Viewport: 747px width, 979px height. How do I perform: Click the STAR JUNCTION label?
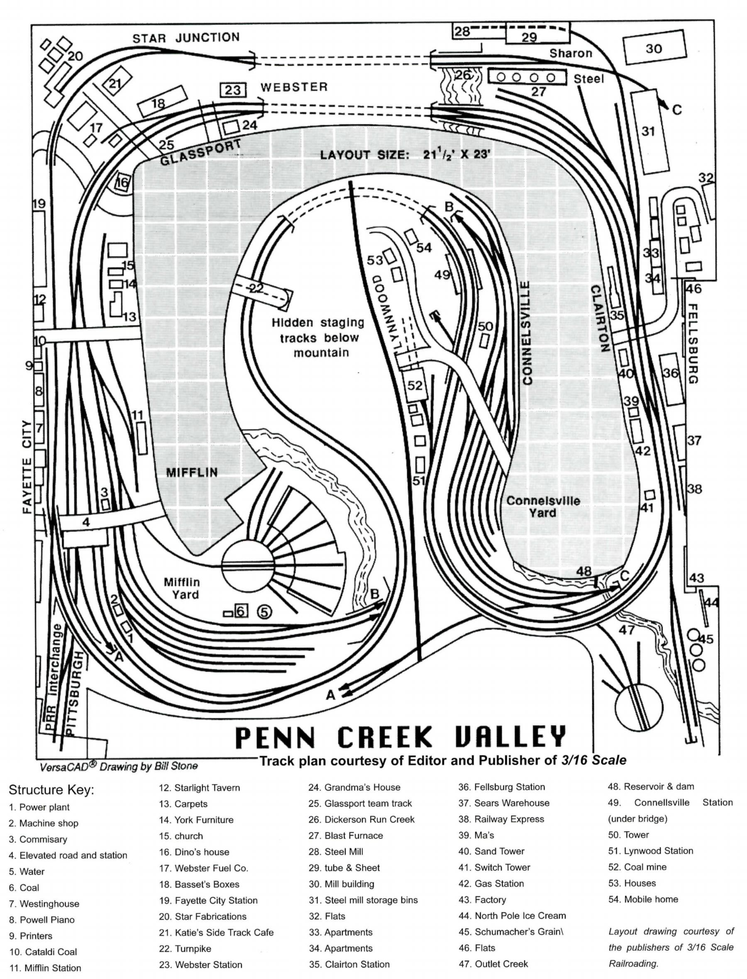tap(186, 38)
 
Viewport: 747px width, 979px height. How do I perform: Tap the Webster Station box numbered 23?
tap(232, 90)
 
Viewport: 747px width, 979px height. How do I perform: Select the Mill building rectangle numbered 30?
tap(654, 48)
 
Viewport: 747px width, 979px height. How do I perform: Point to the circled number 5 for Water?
tap(264, 612)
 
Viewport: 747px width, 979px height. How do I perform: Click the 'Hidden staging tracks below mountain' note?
tap(318, 337)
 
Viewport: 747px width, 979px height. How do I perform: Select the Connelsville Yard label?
tap(543, 507)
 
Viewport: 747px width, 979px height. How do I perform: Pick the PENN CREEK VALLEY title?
tap(400, 737)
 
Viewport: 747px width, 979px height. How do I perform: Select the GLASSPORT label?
tap(200, 151)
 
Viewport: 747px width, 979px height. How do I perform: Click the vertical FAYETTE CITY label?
tap(28, 467)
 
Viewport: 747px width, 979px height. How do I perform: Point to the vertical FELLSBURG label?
tap(693, 343)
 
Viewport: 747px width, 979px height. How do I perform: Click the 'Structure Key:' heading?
tap(51, 790)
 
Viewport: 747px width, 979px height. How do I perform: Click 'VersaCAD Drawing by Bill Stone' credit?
tap(119, 766)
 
